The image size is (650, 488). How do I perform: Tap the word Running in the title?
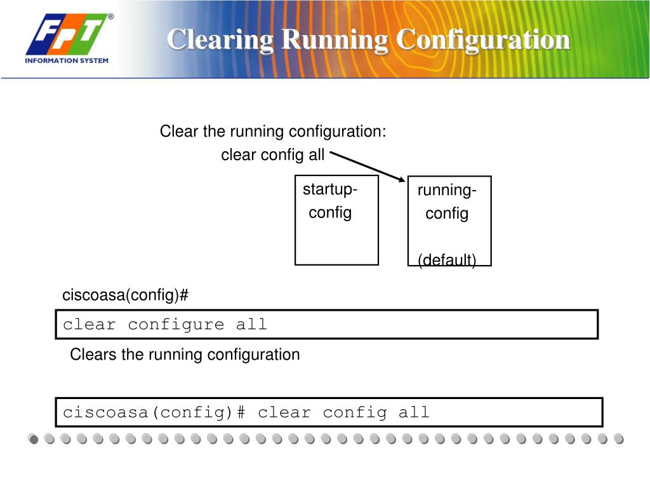pos(335,39)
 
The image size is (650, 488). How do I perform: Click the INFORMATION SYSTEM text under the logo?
pos(67,61)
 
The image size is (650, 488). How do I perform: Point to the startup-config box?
pos(336,220)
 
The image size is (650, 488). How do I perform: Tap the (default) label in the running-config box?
pos(447,259)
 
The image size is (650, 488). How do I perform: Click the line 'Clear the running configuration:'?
pos(273,132)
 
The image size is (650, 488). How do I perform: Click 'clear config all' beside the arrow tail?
pos(272,154)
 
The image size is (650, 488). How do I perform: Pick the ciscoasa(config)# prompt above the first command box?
pos(126,295)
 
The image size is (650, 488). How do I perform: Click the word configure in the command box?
pos(176,325)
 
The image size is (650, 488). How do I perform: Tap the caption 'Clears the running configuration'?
pos(185,355)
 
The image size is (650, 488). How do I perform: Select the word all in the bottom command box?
pos(414,412)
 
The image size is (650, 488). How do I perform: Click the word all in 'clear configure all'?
pos(251,325)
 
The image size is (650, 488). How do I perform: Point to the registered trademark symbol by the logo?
pos(110,17)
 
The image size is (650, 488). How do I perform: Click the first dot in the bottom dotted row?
pos(33,439)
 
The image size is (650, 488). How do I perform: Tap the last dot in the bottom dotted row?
pos(619,439)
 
